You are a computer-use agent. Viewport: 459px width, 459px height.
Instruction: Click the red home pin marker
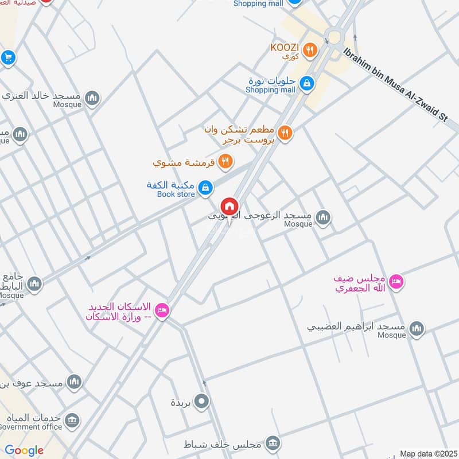(x=229, y=206)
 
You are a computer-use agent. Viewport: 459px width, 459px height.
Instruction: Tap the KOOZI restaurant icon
(x=310, y=50)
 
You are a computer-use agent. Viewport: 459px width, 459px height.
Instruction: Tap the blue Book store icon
(x=205, y=187)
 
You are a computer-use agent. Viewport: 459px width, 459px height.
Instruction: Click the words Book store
(x=176, y=195)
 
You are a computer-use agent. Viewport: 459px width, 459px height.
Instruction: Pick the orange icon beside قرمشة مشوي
(x=226, y=162)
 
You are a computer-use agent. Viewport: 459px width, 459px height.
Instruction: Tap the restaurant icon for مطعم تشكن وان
(x=285, y=134)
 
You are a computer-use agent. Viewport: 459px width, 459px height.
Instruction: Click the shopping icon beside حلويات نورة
(x=308, y=84)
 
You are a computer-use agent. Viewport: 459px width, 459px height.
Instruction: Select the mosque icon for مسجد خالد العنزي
(x=92, y=99)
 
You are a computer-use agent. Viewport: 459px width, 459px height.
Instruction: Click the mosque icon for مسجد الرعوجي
(x=324, y=217)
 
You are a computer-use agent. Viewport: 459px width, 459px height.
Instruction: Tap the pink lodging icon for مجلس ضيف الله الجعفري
(x=396, y=282)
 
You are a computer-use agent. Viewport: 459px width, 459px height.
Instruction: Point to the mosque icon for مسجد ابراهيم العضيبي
(x=417, y=328)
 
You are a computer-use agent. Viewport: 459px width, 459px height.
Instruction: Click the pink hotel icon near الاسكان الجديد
(x=162, y=310)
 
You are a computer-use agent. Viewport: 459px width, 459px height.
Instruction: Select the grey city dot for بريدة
(x=201, y=402)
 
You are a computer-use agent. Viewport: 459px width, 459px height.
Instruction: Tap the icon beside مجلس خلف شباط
(x=273, y=443)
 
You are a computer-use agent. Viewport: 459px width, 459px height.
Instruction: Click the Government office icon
(x=72, y=422)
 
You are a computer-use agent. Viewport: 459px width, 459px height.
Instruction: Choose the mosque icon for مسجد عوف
(x=74, y=382)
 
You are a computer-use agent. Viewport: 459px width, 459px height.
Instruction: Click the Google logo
(x=24, y=450)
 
